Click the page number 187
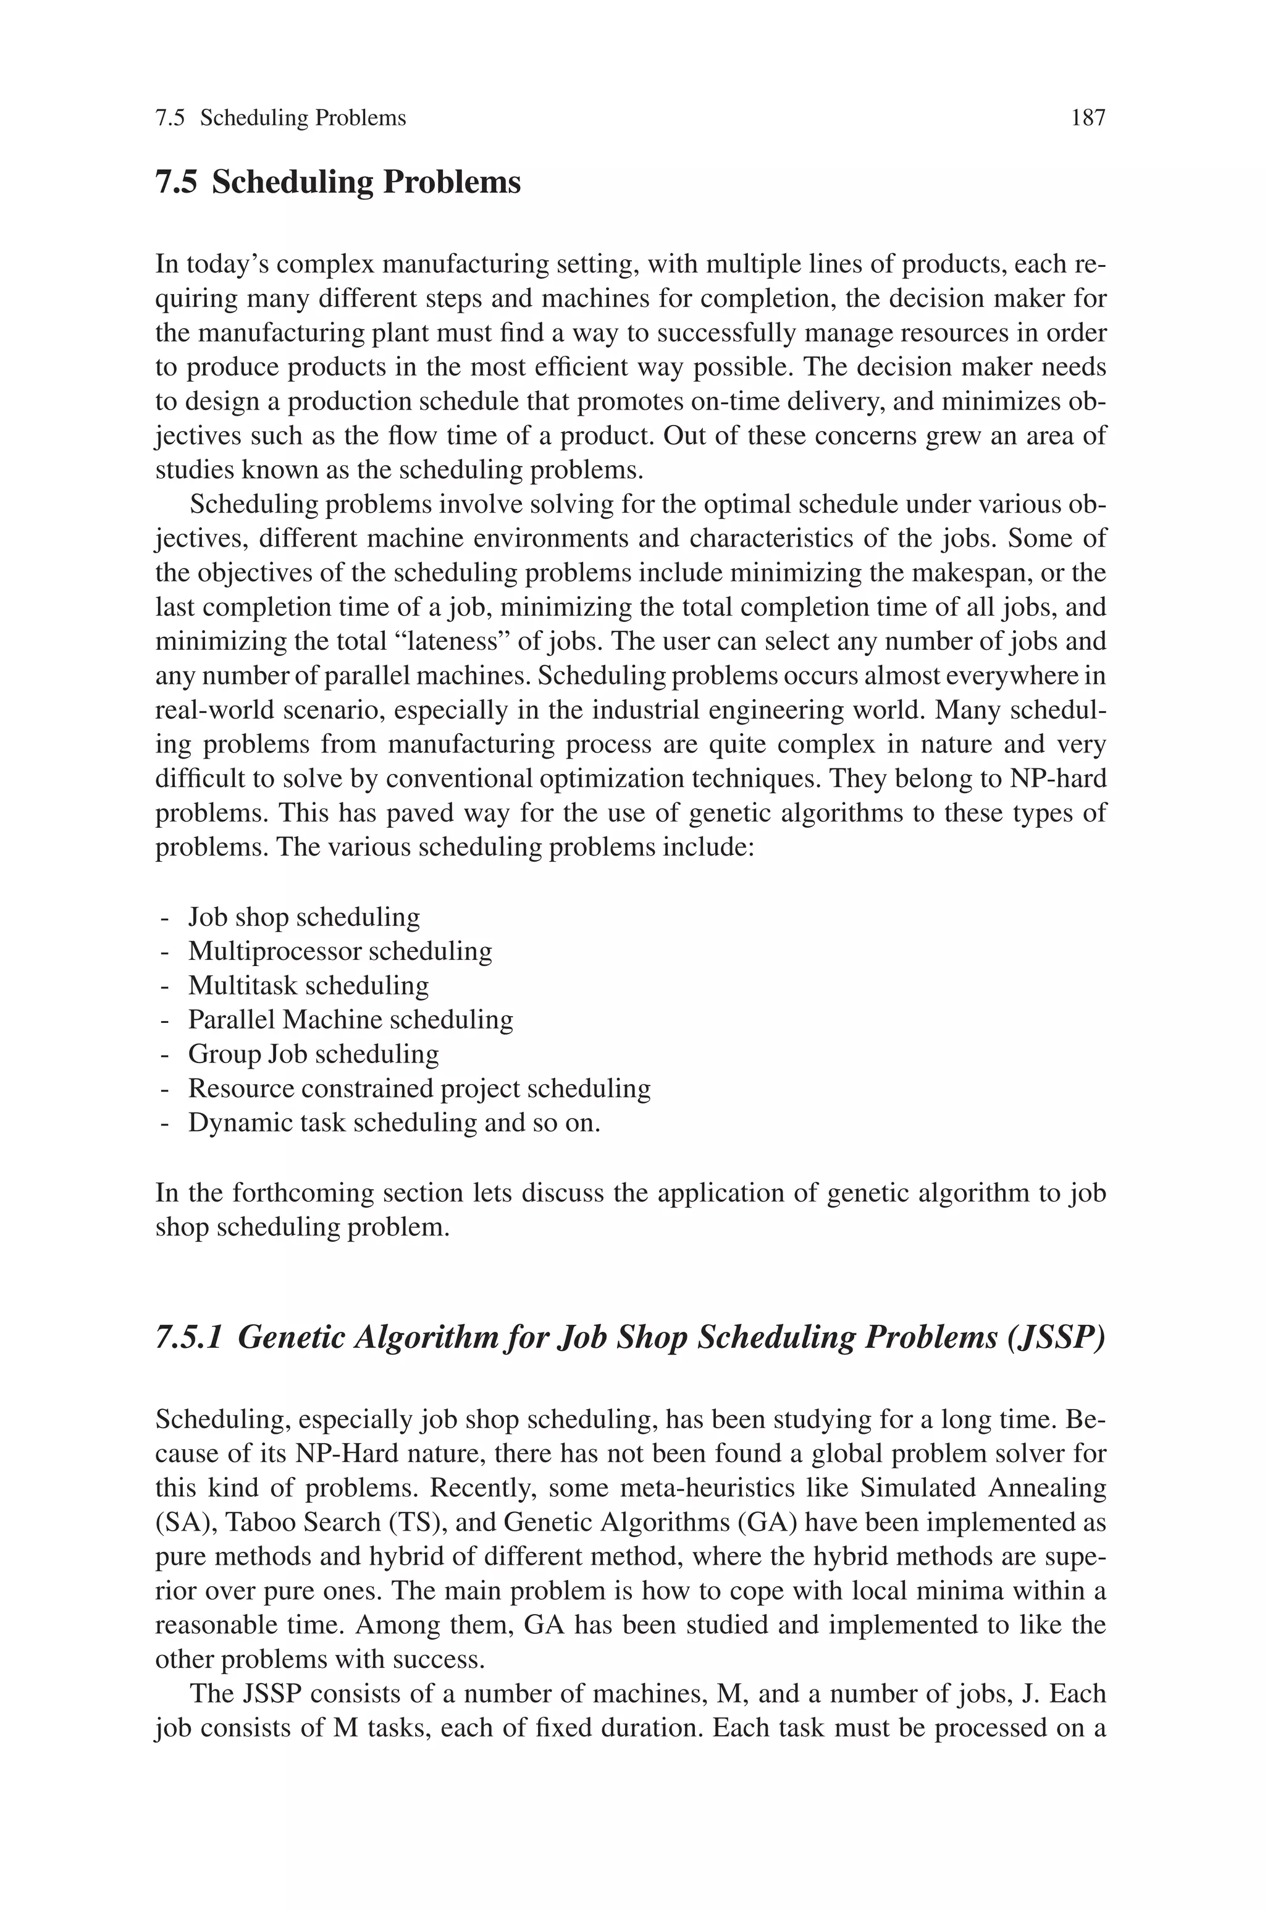[1088, 119]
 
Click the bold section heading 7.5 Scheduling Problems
[338, 182]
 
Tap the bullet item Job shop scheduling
[303, 917]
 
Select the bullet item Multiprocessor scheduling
[340, 951]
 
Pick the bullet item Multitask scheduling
[308, 986]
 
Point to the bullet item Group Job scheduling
[313, 1054]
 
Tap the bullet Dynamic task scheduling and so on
[393, 1123]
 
